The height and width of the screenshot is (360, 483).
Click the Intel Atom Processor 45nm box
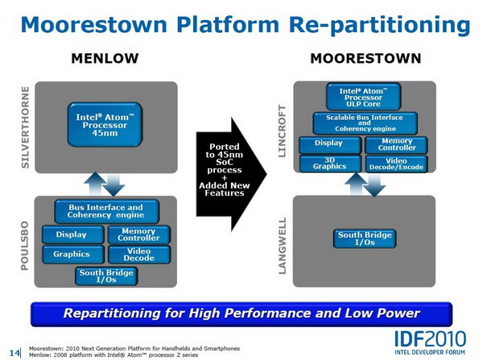tap(105, 125)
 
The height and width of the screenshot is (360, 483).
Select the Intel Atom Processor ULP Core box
tap(364, 97)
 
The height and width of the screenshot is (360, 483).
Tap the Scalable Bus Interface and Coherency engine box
tap(365, 123)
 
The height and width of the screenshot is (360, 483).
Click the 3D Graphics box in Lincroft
tap(330, 163)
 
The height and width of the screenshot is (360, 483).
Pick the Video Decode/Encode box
tap(396, 163)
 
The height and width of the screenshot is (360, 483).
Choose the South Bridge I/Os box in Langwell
tap(365, 238)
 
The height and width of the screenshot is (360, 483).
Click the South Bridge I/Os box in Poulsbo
tap(106, 276)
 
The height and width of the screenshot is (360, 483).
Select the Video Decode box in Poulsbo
tap(139, 254)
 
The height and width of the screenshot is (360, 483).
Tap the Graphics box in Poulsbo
tap(73, 254)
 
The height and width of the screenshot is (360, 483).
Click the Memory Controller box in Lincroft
tap(396, 144)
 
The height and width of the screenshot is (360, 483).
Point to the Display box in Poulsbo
tap(73, 234)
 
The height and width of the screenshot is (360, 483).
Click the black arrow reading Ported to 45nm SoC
tap(231, 174)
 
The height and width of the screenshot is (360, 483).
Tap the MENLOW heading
tap(105, 58)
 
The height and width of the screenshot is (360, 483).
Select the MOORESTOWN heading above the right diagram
tap(365, 58)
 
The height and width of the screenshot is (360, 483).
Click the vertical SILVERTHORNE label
tap(25, 127)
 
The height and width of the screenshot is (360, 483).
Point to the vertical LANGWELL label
tap(283, 246)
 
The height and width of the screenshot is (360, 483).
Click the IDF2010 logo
tap(430, 342)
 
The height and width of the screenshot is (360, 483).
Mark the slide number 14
tap(14, 353)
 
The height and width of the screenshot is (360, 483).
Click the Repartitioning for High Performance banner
tap(242, 314)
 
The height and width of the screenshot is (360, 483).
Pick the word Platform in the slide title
tap(228, 24)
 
